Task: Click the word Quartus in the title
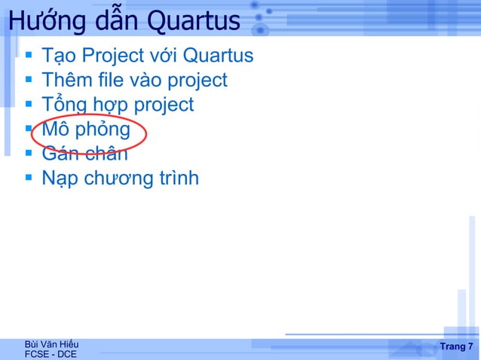click(x=193, y=22)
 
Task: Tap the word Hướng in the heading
click(x=38, y=22)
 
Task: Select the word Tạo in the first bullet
click(x=58, y=56)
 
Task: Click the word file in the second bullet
click(x=115, y=80)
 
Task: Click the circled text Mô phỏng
click(x=86, y=130)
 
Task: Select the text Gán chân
click(x=84, y=154)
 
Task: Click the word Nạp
click(x=60, y=179)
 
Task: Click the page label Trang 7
click(x=456, y=346)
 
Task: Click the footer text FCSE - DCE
click(x=51, y=354)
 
